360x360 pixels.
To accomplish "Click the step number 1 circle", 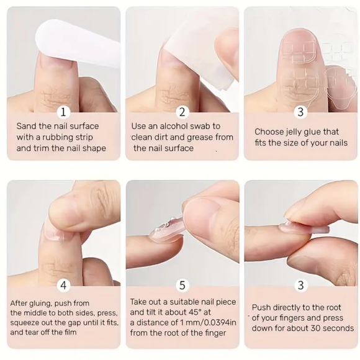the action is (x=63, y=112).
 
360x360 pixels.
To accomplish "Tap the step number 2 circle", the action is (x=182, y=112).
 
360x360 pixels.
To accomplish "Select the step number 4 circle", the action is (x=63, y=285).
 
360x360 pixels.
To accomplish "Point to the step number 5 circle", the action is (x=182, y=285).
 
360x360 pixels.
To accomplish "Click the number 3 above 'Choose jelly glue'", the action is (x=300, y=112).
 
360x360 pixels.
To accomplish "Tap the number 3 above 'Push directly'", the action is (x=301, y=285).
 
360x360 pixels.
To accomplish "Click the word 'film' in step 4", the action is (x=70, y=332).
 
